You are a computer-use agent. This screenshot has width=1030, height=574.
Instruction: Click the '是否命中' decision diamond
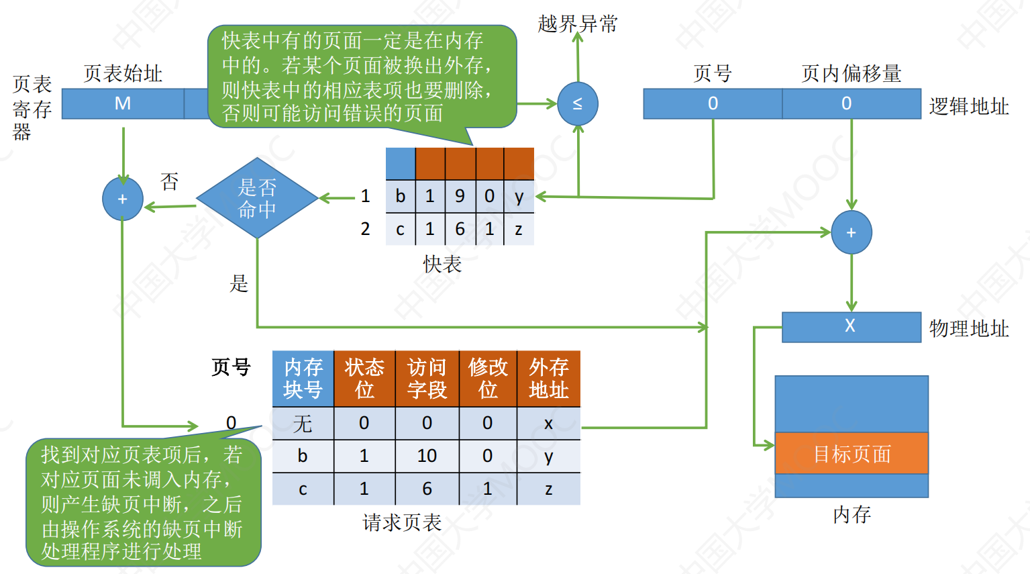coord(257,199)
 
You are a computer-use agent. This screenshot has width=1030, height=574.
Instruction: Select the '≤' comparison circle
coord(578,104)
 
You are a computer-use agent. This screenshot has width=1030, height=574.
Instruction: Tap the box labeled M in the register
coord(123,103)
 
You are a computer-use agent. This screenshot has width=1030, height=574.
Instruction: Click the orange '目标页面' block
coord(852,454)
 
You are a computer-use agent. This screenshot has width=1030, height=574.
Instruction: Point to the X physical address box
coord(851,326)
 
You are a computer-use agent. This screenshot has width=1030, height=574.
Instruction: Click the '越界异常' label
coord(578,24)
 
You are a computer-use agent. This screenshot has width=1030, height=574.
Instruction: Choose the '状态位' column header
coord(364,379)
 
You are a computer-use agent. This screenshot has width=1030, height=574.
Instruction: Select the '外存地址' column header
coord(548,379)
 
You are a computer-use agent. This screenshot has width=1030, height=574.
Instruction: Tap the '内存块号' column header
coord(303,379)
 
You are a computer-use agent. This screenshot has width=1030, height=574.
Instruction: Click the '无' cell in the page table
coord(303,424)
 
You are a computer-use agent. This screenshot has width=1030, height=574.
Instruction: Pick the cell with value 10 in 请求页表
coord(427,456)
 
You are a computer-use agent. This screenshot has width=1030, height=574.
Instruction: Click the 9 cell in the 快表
coord(460,196)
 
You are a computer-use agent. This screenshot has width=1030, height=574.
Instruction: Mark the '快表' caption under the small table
coord(442,265)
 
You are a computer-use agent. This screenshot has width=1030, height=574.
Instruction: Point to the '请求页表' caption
coord(402,522)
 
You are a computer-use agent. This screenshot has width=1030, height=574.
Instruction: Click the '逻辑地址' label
coord(968,106)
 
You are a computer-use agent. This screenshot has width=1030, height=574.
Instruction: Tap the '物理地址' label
coord(968,328)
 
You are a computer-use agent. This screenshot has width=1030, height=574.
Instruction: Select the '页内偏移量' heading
coord(851,73)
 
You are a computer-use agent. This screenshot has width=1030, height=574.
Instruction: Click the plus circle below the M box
coord(123,199)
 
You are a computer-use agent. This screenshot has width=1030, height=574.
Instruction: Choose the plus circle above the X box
coord(852,233)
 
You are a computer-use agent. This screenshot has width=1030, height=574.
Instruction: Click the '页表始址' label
coord(123,73)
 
